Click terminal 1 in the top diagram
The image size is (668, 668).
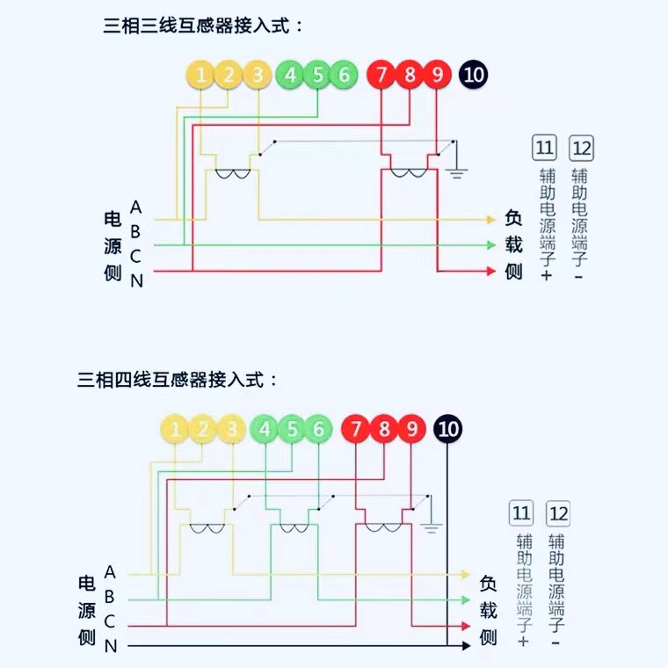click(x=201, y=76)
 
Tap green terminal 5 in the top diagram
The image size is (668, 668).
click(x=317, y=76)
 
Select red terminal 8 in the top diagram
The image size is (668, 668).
click(x=410, y=76)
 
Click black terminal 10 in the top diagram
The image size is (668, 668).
click(x=473, y=76)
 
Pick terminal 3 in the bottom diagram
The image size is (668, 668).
click(x=231, y=430)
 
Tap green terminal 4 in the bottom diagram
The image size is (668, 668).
click(x=265, y=430)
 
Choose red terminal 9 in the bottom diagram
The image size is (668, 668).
click(x=411, y=430)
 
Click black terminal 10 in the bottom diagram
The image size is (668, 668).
click(x=448, y=430)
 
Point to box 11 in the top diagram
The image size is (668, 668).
click(x=544, y=147)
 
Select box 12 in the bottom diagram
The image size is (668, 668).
click(x=557, y=513)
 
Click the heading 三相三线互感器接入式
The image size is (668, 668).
click(x=204, y=25)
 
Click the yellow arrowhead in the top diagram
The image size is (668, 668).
click(x=490, y=220)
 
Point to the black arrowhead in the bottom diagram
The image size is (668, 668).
click(x=466, y=646)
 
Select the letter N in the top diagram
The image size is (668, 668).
click(x=136, y=281)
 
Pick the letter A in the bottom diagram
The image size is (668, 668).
click(x=110, y=572)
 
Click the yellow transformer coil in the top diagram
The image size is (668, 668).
click(x=233, y=173)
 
